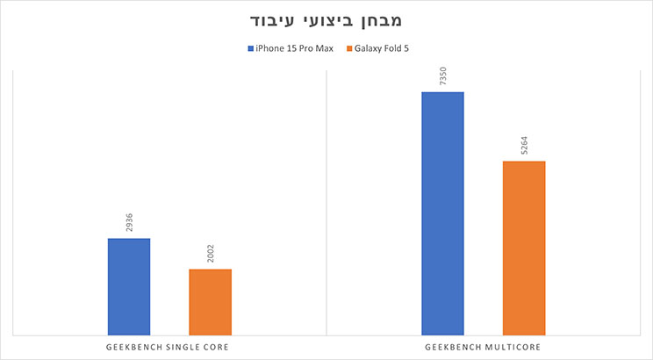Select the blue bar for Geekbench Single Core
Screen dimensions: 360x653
[x=129, y=286]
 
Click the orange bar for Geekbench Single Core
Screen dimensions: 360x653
[x=211, y=301]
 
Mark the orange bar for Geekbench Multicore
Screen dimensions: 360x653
[x=524, y=248]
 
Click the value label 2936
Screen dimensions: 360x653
[x=130, y=223]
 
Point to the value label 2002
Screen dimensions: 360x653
[x=211, y=254]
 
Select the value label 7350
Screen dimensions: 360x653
[x=443, y=76]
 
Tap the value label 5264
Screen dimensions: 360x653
[x=524, y=146]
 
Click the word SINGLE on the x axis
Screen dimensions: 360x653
[x=183, y=348]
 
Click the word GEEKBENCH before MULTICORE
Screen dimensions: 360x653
[x=454, y=348]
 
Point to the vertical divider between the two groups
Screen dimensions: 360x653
[x=326, y=202]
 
